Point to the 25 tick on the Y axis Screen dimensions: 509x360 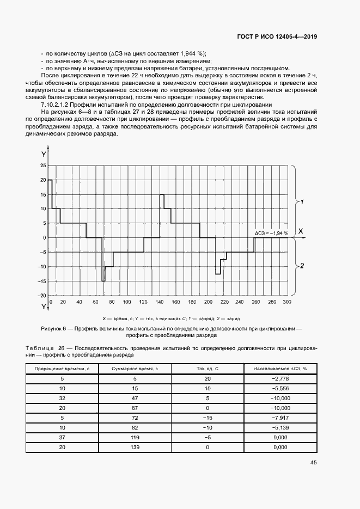[x=43, y=165]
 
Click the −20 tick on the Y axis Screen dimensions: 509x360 [x=42, y=295]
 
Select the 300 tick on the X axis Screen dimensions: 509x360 [x=287, y=302]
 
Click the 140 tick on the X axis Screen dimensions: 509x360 [x=159, y=302]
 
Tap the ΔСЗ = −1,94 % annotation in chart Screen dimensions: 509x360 [x=272, y=233]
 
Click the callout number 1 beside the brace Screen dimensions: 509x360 [x=302, y=201]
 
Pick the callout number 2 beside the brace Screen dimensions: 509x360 [x=302, y=266]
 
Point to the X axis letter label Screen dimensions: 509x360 [x=300, y=231]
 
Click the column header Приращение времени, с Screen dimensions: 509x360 [x=62, y=369]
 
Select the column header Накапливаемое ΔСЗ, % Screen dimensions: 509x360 [x=280, y=369]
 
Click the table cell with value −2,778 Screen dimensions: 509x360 [x=280, y=378]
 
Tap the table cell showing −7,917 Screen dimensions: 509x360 [x=280, y=418]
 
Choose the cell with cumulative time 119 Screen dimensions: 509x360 [x=135, y=437]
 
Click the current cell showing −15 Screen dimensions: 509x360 [x=207, y=418]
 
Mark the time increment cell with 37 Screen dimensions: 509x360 [x=62, y=437]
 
